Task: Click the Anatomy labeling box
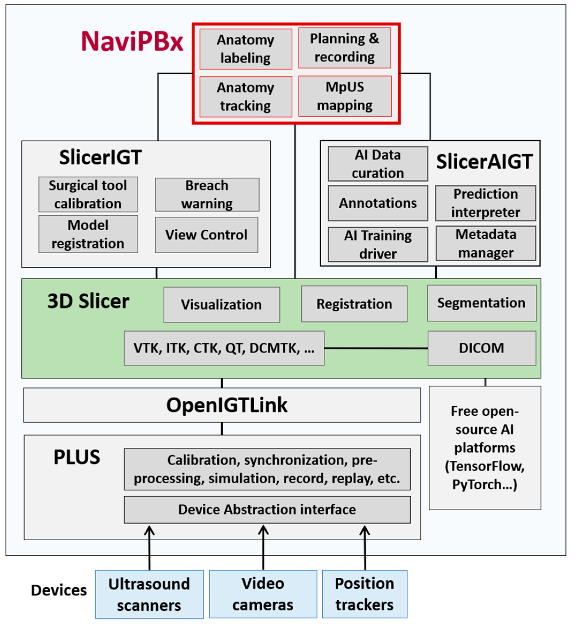tap(246, 49)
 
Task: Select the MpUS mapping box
tap(345, 96)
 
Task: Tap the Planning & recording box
tap(344, 48)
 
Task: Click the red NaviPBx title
tap(132, 41)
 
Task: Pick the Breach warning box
tap(207, 195)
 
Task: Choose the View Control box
tap(206, 235)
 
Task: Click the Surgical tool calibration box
tap(88, 194)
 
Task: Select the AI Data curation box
tap(378, 164)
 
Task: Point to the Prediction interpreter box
tap(486, 203)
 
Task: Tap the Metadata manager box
tap(486, 243)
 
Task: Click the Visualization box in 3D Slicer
tap(222, 305)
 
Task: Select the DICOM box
tap(482, 348)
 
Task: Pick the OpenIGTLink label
tap(227, 405)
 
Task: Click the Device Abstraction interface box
tap(267, 510)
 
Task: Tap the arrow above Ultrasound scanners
tap(149, 548)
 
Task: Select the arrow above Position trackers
tap(365, 548)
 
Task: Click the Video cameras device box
tap(263, 594)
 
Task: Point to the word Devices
tap(59, 590)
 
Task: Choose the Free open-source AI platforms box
tap(485, 448)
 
